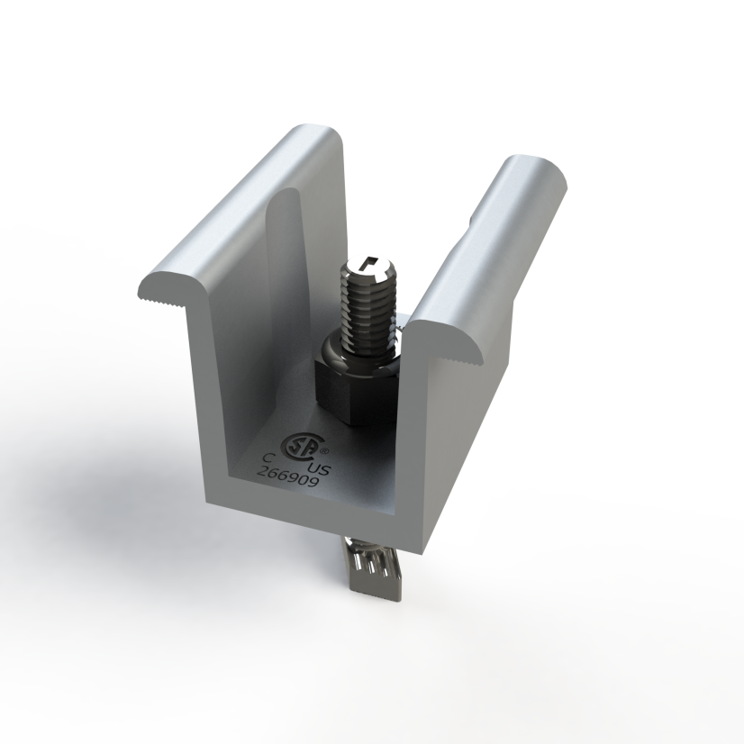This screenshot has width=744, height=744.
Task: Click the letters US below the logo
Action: [319, 468]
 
